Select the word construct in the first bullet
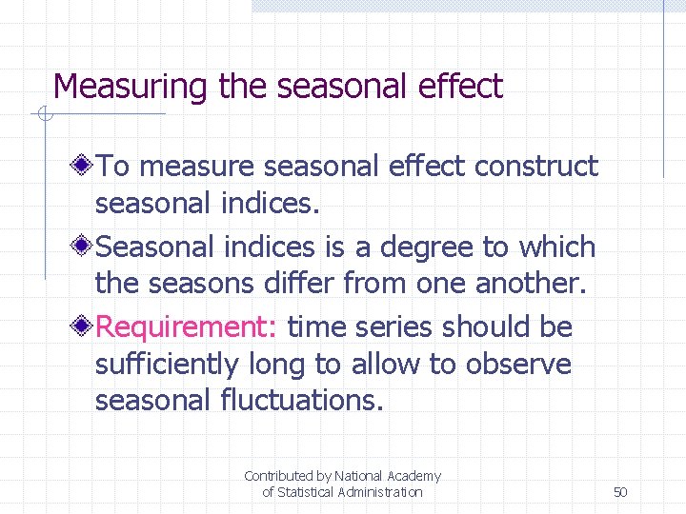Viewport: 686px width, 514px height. point(536,166)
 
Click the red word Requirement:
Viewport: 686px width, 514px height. point(187,327)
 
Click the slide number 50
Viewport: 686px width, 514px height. point(620,492)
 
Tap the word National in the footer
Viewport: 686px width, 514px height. point(359,476)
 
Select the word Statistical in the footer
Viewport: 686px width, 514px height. point(312,492)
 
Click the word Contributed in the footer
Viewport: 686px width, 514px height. point(278,476)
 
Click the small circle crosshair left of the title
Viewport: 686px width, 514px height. point(43,115)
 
